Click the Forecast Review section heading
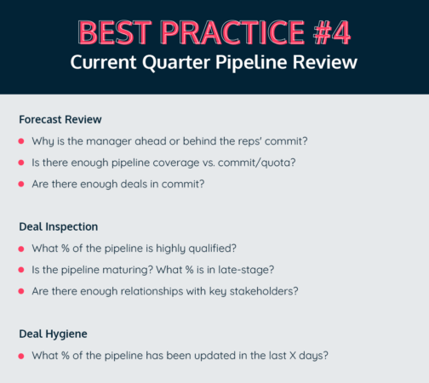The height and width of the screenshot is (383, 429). (60, 119)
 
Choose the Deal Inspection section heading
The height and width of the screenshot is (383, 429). (59, 227)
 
